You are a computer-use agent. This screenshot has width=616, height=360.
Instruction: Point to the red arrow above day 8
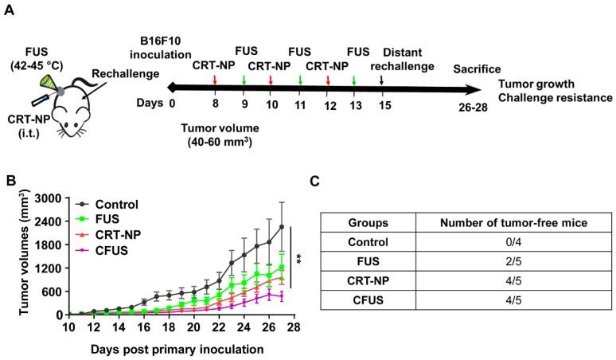(x=215, y=79)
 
